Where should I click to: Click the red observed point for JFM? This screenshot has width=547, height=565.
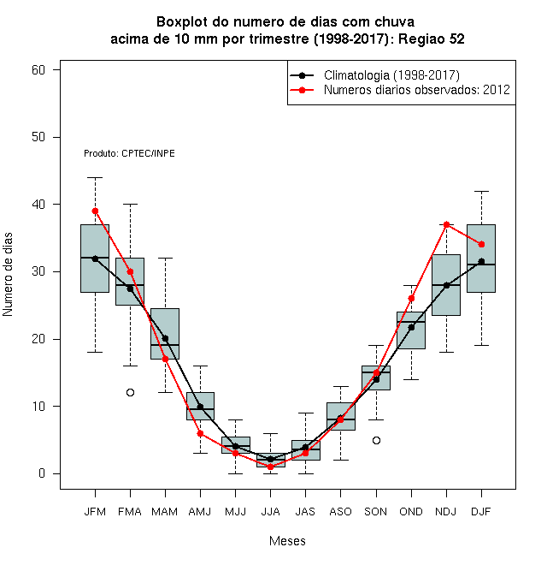[x=95, y=211]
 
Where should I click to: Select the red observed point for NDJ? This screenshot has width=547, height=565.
[x=447, y=224]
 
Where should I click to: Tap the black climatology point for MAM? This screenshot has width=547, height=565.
[x=165, y=338]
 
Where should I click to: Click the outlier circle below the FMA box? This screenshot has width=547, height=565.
[x=130, y=392]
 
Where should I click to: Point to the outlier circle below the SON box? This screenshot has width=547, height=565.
[x=376, y=440]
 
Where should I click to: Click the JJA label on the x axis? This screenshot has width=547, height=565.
[x=270, y=512]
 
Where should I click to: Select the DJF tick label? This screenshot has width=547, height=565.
[x=481, y=512]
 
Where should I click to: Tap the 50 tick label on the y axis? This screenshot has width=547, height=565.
[x=38, y=137]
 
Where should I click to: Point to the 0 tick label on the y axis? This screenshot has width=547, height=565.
[x=42, y=473]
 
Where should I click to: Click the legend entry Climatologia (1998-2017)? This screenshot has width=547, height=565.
[x=374, y=75]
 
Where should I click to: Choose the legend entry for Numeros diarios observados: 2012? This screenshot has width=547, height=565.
[x=400, y=90]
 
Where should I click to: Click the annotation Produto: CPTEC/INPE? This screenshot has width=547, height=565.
[x=129, y=153]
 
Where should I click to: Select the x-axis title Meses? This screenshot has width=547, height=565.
[x=287, y=541]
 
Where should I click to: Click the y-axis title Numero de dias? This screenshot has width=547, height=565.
[x=8, y=275]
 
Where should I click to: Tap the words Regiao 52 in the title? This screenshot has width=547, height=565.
[x=432, y=39]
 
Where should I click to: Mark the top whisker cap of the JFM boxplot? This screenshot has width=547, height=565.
[x=95, y=177]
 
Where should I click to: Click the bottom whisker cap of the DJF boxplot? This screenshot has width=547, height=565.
[x=481, y=345]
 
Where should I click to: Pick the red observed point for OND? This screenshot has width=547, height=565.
[x=411, y=299]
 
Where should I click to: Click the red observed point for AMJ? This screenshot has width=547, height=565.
[x=200, y=433]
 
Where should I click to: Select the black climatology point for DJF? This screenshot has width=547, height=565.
[x=481, y=261]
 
